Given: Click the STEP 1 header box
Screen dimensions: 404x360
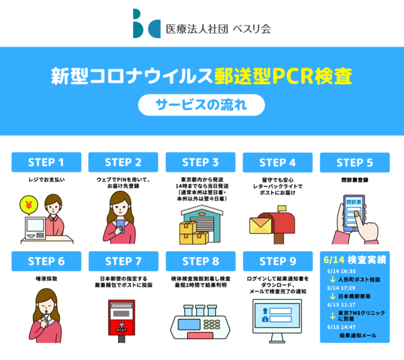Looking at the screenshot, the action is point(47,162).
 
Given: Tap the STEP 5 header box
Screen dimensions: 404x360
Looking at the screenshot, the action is point(355,162).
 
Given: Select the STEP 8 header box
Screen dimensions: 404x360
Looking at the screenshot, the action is point(201,261).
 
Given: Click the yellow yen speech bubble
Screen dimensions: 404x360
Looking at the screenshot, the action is point(29,205).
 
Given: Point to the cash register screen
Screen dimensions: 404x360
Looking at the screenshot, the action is point(35,225).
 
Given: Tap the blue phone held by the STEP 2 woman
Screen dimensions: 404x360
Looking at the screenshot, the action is point(121,226).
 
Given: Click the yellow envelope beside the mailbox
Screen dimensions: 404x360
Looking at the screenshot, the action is point(260,226).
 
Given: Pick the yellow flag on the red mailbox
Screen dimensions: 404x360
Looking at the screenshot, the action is point(282,208).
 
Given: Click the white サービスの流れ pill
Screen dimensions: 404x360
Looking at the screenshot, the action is point(201,105).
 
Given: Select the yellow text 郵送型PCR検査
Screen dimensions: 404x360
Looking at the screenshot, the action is point(283,76).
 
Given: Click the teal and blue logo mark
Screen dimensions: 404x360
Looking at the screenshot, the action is point(147,24).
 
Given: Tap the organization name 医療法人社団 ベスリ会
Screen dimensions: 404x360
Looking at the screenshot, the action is point(218,29).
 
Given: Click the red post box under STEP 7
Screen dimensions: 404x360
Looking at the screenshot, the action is point(122,318).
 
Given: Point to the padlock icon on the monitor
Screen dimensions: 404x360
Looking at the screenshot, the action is point(265,319).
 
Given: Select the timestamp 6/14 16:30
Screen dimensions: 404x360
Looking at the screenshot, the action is point(341,271).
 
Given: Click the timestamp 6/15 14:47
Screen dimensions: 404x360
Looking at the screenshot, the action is point(341,327).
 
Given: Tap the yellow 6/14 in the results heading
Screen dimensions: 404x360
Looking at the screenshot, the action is point(334,260).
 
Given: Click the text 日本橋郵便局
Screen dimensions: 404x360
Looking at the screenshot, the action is point(354,297).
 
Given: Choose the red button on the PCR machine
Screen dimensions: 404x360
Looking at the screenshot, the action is point(200,336).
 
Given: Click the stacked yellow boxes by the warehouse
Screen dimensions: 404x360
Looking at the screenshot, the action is point(193,233).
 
